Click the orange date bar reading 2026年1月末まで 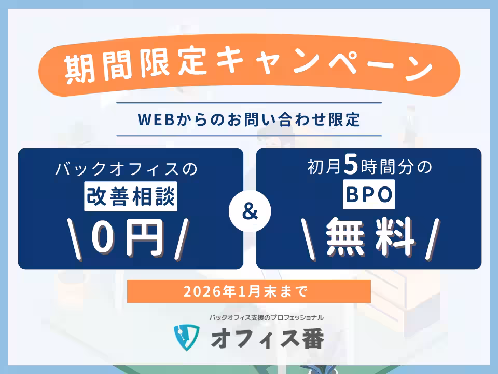pos(249,291)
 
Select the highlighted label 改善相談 pos(130,197)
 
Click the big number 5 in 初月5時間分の pos(351,167)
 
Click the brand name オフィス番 pos(267,338)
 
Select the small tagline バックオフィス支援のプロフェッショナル pos(267,317)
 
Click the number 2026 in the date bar pos(197,291)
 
